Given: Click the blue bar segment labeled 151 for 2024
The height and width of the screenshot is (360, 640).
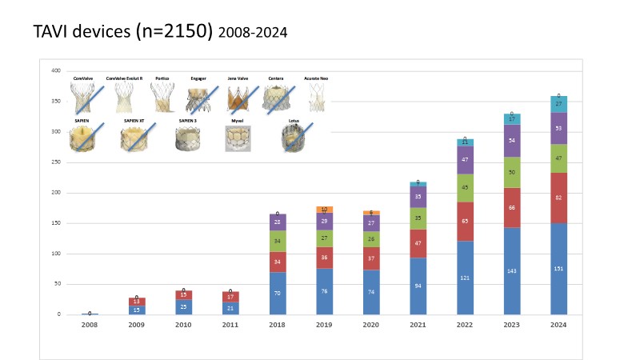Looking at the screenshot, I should (x=558, y=269).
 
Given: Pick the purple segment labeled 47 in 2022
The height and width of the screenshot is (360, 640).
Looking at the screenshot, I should (x=466, y=160).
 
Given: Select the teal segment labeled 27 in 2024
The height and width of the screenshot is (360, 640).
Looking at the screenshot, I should (x=558, y=104).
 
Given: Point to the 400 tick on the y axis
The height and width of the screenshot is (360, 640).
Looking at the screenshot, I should (x=56, y=71).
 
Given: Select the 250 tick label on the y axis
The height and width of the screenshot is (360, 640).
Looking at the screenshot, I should (x=56, y=162).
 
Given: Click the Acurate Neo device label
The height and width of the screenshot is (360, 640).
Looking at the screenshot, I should (x=317, y=78).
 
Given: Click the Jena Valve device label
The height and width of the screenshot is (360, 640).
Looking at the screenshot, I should (x=238, y=78).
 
